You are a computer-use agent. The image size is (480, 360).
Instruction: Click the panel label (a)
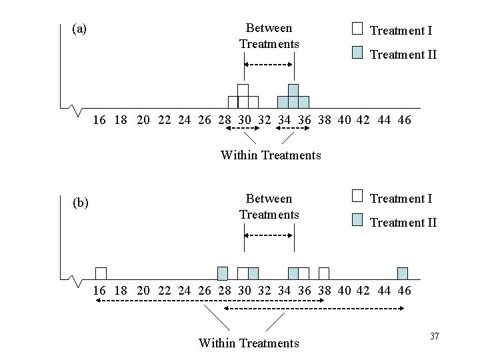point(79,29)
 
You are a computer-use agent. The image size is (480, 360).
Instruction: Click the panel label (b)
point(80,203)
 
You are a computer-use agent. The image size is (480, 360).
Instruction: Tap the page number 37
point(435,335)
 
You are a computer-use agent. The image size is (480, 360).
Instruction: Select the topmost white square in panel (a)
point(243,90)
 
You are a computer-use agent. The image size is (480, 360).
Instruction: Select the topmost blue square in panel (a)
point(293,90)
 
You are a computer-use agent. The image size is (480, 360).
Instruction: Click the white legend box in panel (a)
point(357,28)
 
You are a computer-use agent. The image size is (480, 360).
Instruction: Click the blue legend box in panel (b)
point(357,221)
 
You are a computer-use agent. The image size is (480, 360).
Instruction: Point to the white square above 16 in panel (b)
point(101,273)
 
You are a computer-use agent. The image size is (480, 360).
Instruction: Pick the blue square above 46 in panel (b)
point(402,273)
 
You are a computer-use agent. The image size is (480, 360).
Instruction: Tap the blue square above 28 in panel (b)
point(223,273)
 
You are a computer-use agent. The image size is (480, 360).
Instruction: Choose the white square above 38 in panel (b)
point(324,273)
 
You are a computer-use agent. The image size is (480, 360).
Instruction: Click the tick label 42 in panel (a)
point(365,120)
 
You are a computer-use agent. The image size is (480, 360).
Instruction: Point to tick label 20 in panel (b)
point(143,291)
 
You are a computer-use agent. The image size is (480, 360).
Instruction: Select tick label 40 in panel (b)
point(344,291)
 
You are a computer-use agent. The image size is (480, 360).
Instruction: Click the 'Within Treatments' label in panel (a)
point(271,155)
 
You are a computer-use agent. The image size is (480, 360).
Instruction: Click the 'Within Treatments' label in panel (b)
point(249,343)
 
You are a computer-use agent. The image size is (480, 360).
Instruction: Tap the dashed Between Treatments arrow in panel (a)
point(268,64)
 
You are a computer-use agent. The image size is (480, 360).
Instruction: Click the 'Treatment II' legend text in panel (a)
point(403,55)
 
